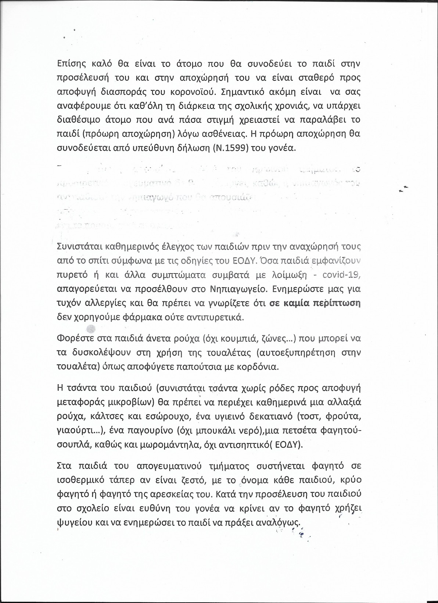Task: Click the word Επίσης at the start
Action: point(71,64)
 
